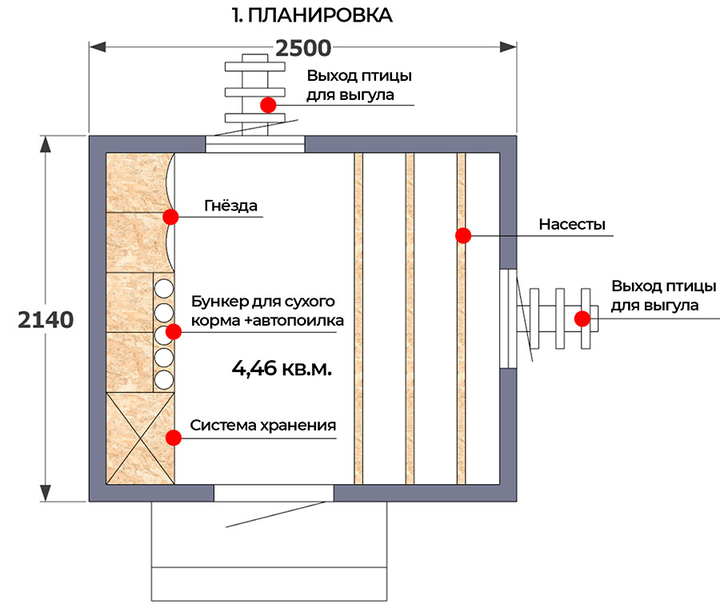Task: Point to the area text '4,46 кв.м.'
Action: [281, 369]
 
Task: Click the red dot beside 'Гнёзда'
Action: [170, 217]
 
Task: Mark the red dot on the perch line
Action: [462, 235]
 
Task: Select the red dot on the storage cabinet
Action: [171, 437]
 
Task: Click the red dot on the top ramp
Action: [267, 105]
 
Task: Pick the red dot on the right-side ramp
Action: [582, 318]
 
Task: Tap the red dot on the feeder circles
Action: [173, 331]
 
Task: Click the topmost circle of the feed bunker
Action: [165, 287]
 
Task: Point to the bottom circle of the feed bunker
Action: [165, 378]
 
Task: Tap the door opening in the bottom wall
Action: [274, 493]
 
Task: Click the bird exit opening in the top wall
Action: [256, 144]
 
